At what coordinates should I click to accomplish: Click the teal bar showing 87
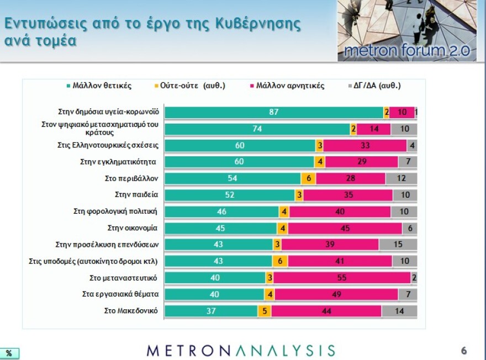tap(274, 112)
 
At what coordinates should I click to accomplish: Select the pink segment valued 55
tap(342, 277)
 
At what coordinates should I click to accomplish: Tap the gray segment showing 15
tap(398, 244)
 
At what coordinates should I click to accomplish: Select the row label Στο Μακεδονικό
tap(131, 310)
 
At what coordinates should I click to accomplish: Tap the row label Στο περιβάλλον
tap(131, 178)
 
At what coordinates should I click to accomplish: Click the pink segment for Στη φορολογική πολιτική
tap(340, 211)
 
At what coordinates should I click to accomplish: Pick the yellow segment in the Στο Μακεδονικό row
tap(265, 311)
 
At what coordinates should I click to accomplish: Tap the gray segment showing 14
tap(399, 311)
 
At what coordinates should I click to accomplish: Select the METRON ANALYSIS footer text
tap(241, 350)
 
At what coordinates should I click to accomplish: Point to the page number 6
tap(463, 350)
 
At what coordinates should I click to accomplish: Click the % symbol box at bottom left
tap(9, 353)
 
